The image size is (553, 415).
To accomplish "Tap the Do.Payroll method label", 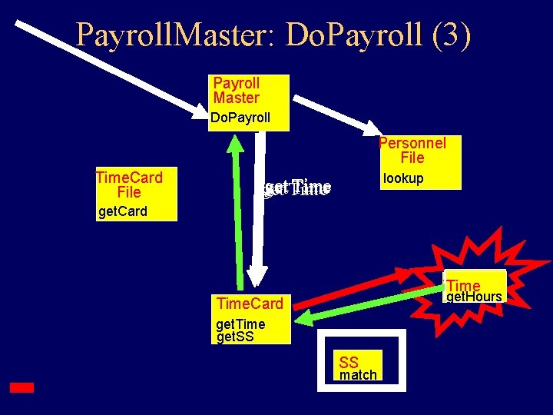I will coord(240,118).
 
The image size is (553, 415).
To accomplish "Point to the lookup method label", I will coord(403,178).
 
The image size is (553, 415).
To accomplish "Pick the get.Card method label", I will coord(123,211).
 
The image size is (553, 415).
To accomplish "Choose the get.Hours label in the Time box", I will coord(474,297).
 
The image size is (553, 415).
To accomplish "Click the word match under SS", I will coord(358,375).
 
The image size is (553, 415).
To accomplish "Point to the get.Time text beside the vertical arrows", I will coord(296,188).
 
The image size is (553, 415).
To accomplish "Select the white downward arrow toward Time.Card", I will coord(260,215).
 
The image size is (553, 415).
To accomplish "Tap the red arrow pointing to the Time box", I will coord(353,287).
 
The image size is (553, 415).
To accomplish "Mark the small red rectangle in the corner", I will coord(22,388).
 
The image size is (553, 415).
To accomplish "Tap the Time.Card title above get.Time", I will coord(250,304).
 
